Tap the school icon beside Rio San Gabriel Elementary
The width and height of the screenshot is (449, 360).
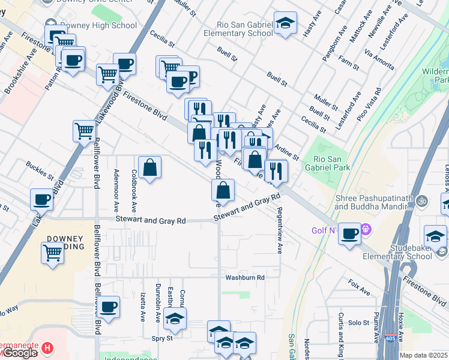[286, 23]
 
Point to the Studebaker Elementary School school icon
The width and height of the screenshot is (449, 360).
[435, 236]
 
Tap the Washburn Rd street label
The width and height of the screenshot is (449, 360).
[245, 278]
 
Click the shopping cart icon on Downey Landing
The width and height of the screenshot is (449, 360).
[53, 253]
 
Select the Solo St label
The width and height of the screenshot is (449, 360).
[359, 323]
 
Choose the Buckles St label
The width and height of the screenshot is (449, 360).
[40, 170]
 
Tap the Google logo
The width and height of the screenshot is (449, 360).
[20, 353]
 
